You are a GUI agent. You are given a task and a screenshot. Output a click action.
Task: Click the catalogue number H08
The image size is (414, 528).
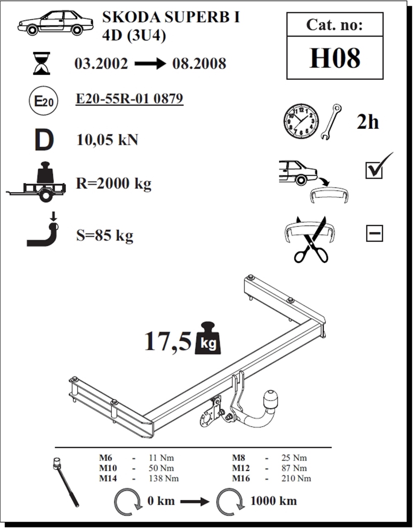335,58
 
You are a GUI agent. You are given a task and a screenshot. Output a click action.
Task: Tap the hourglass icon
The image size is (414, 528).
42,63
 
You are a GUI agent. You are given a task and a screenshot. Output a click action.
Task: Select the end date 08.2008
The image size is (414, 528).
199,64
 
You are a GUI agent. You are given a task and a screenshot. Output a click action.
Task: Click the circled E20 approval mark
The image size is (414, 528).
44,101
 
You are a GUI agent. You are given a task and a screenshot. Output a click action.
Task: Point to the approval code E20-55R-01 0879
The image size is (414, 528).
130,99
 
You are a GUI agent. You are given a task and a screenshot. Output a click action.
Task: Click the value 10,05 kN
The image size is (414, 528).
107,140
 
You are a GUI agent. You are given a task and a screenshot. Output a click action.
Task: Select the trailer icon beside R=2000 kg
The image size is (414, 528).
36,182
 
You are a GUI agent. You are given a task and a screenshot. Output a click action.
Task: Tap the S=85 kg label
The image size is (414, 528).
105,236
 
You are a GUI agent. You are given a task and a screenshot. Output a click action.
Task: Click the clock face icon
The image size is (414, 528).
301,121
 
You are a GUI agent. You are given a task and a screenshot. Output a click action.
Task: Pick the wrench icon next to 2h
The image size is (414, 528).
331,122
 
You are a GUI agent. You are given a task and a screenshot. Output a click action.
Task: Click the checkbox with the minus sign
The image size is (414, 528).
374,233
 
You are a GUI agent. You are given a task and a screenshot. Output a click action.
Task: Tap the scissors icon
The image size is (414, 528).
311,239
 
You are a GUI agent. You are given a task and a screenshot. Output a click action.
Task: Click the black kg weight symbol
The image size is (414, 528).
208,338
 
